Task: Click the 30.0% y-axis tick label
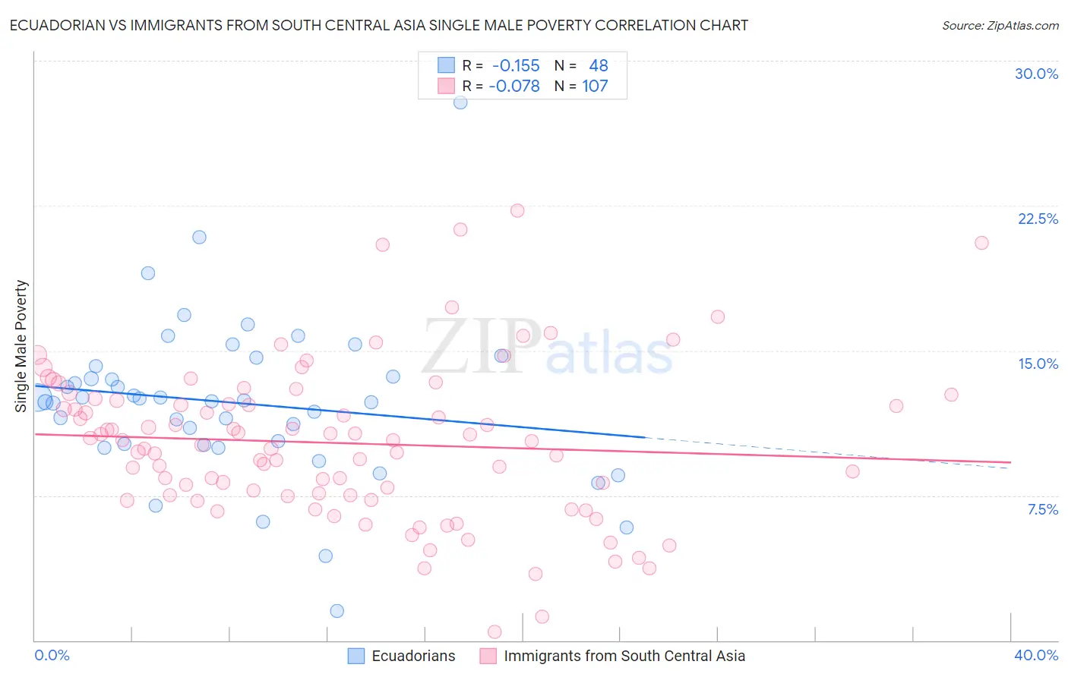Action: tap(1036, 74)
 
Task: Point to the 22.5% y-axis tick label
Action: tap(1038, 219)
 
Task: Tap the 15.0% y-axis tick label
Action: tap(1038, 364)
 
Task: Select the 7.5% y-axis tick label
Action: tap(1042, 509)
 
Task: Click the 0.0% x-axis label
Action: tap(52, 655)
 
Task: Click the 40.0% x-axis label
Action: tap(1036, 655)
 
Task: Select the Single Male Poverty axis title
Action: tap(21, 346)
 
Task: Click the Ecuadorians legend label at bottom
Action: tap(413, 656)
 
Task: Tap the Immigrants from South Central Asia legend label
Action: tap(624, 656)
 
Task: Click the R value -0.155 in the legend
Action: tap(516, 66)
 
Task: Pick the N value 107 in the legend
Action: tap(595, 87)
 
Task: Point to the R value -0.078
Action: tap(514, 87)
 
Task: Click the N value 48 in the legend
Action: tap(599, 66)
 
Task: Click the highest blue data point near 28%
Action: tap(460, 102)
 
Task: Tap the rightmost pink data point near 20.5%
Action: tap(981, 243)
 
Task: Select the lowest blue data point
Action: tap(337, 611)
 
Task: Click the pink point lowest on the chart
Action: tap(495, 631)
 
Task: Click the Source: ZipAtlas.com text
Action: tap(1000, 26)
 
